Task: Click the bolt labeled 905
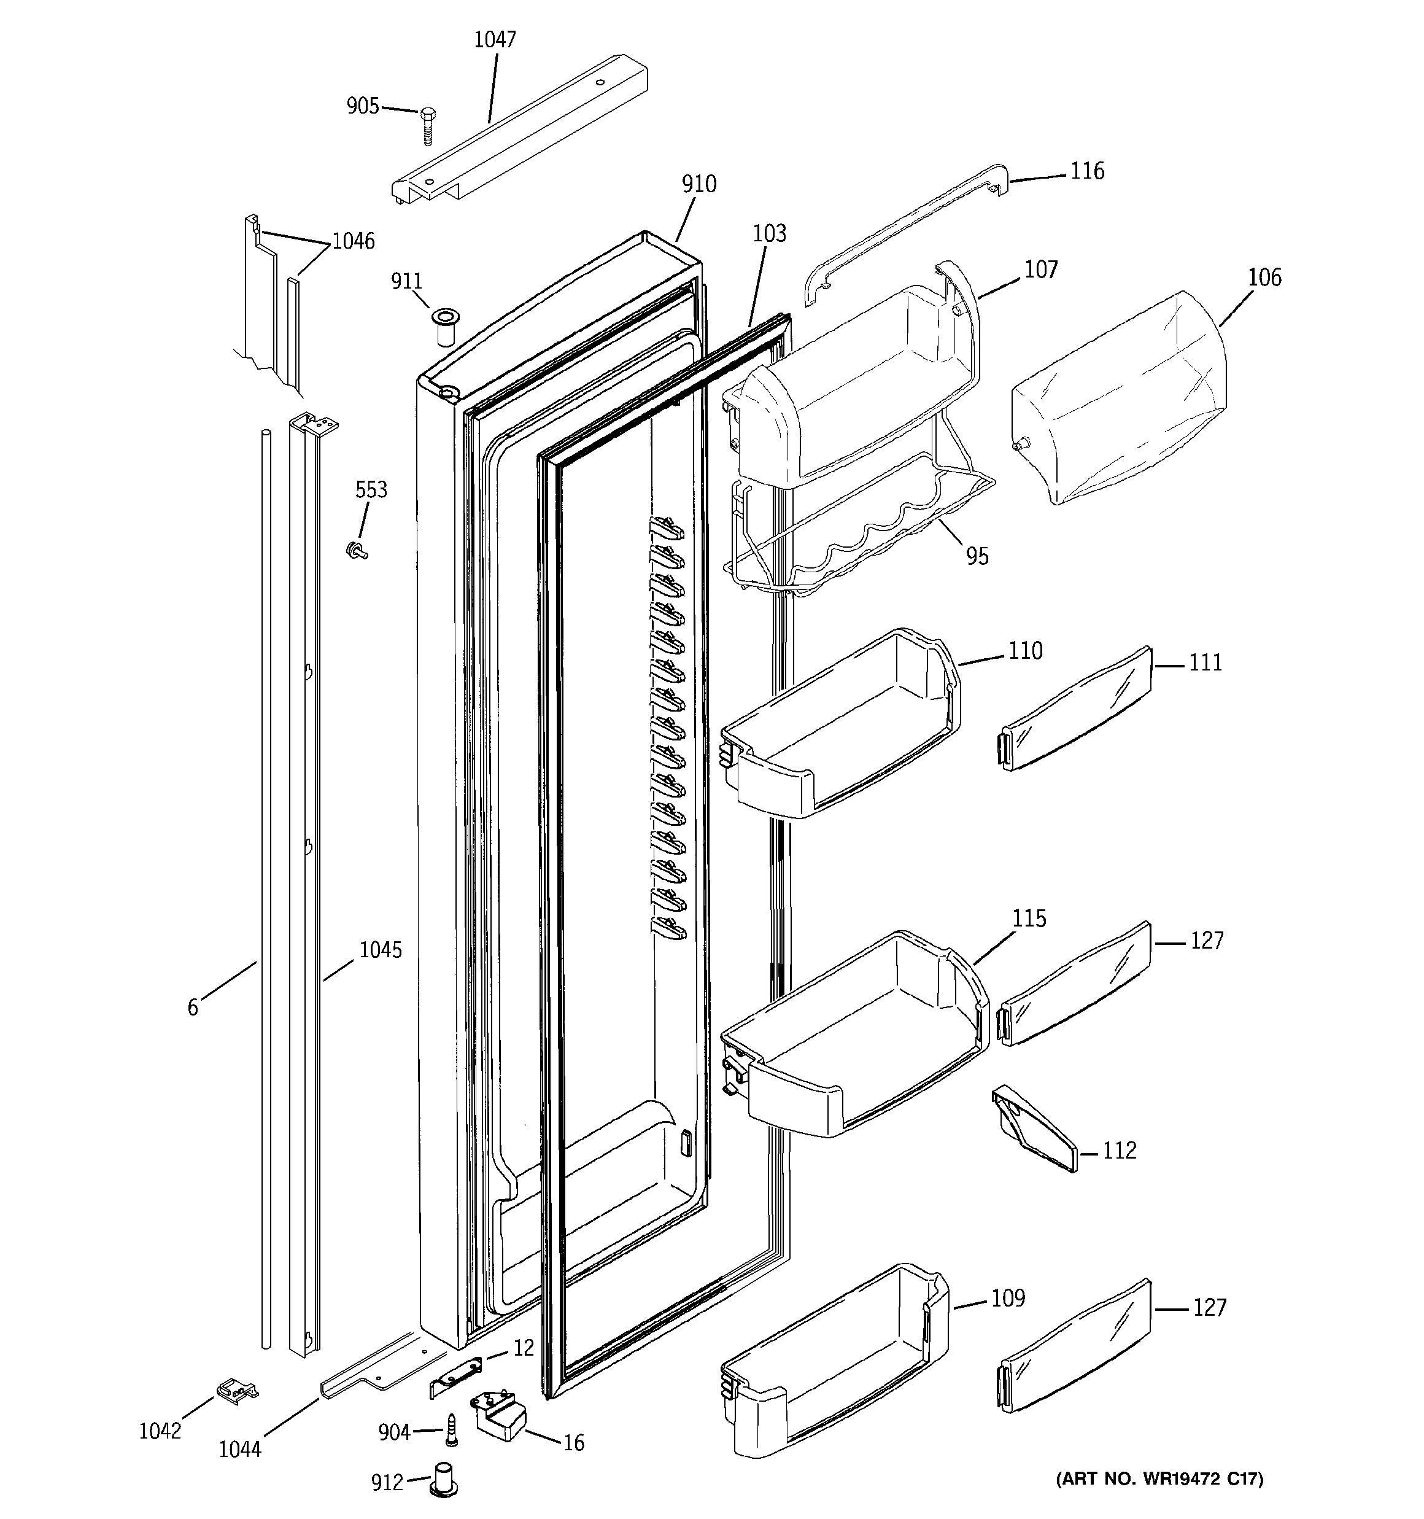click(428, 125)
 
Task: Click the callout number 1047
click(495, 40)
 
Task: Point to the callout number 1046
click(353, 241)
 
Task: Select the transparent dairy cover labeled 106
click(1119, 397)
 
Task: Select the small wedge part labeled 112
click(1035, 1129)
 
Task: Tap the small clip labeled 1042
click(237, 1390)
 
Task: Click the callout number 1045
click(381, 950)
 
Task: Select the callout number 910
click(699, 184)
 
